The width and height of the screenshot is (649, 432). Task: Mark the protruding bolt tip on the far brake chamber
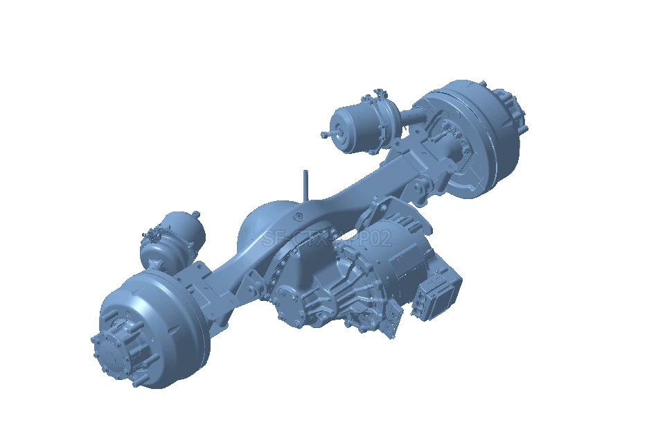pos(323,134)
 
